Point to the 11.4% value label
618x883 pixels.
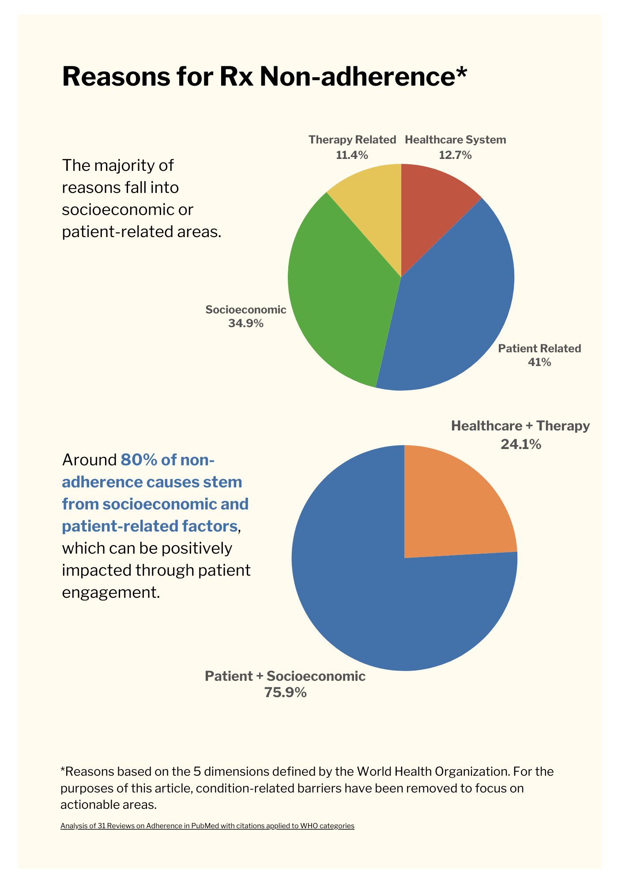tap(352, 155)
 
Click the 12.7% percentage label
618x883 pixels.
tap(455, 155)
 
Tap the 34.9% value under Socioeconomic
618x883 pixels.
tap(245, 324)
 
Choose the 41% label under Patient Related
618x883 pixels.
tap(539, 362)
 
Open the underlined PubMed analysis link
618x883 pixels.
tap(207, 826)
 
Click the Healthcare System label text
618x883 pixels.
tap(455, 140)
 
